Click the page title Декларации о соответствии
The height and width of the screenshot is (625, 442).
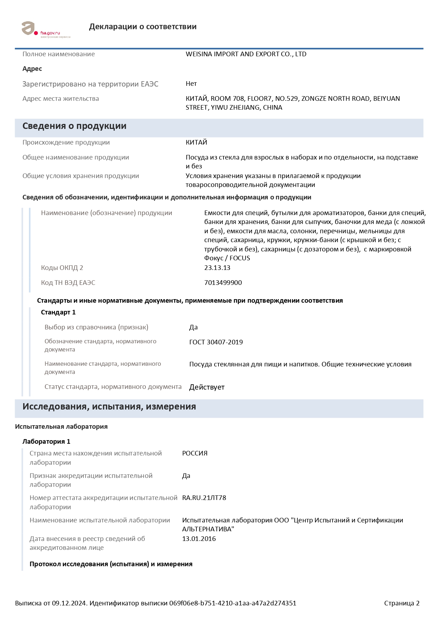[143, 27]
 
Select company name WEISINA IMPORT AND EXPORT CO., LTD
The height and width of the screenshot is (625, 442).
[246, 54]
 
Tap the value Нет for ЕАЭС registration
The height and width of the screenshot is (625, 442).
[191, 84]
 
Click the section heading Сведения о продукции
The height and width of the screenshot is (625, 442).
[74, 126]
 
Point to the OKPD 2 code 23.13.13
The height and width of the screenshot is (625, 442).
[217, 268]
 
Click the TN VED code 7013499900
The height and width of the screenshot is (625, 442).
[223, 283]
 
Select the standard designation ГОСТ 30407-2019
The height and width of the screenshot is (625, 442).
[216, 342]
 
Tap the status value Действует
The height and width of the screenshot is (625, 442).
[207, 387]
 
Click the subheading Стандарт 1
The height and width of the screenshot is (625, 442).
[58, 312]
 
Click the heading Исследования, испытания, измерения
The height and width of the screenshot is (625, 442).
[109, 407]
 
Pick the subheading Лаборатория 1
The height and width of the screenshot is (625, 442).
[46, 442]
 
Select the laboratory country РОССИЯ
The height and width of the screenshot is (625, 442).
[195, 453]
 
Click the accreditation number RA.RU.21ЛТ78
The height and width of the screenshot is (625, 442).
[204, 498]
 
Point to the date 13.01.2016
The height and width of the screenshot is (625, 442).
[199, 539]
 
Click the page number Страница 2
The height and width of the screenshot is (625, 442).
[402, 603]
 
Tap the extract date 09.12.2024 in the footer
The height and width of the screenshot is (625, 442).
[69, 603]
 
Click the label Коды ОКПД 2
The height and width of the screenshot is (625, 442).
[62, 268]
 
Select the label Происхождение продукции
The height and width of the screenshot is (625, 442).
[66, 142]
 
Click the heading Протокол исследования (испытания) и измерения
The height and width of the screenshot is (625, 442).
[111, 564]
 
